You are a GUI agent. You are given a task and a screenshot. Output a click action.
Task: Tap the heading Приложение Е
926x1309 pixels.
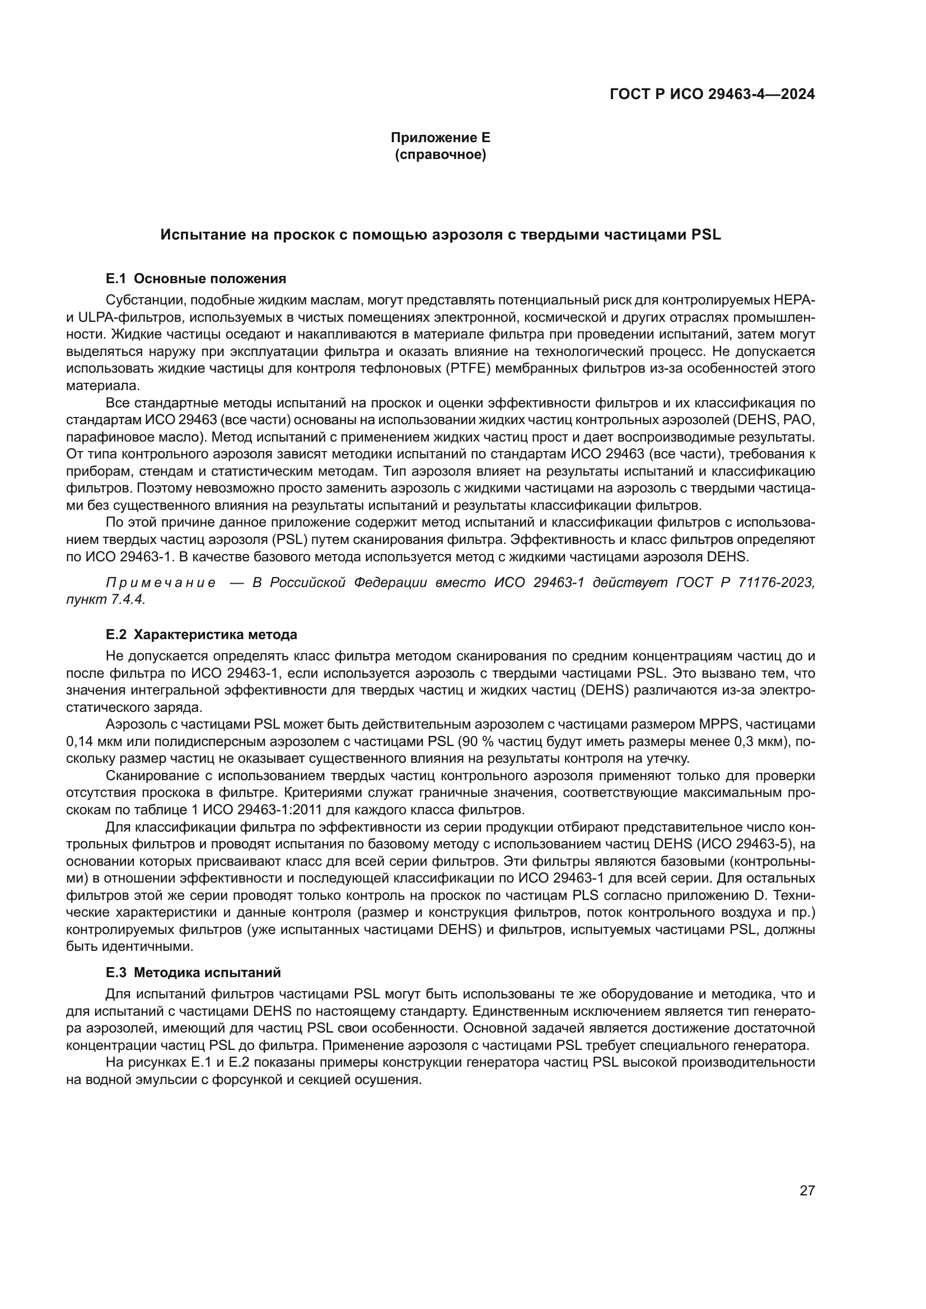click(440, 138)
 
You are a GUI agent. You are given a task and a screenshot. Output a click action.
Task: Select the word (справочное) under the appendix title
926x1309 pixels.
click(440, 154)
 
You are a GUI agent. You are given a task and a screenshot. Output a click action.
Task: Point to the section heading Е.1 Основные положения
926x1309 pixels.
click(195, 279)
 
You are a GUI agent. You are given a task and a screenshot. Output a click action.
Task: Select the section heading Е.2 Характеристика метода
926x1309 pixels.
click(202, 635)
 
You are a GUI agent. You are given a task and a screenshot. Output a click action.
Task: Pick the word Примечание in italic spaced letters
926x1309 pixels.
click(161, 583)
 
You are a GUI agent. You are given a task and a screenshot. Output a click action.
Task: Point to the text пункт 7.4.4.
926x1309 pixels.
click(105, 600)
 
